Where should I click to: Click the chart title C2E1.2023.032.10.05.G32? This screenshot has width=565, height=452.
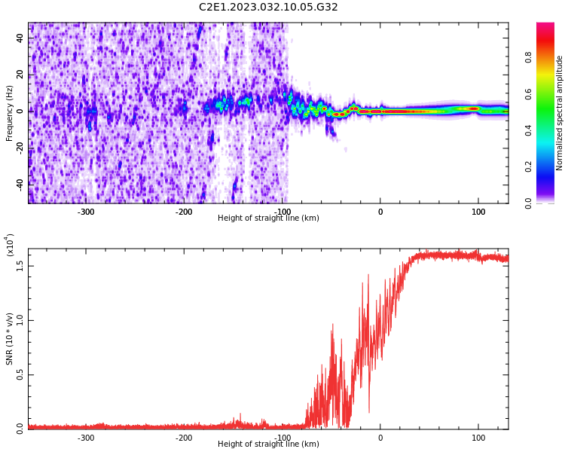pyautogui.click(x=268, y=8)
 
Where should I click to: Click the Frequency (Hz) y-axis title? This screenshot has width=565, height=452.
pyautogui.click(x=9, y=113)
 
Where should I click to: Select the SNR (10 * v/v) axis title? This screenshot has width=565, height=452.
pyautogui.click(x=9, y=338)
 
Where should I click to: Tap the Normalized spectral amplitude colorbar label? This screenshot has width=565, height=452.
pyautogui.click(x=560, y=113)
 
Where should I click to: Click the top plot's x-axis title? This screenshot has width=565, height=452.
pyautogui.click(x=268, y=218)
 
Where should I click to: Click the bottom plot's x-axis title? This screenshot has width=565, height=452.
pyautogui.click(x=268, y=444)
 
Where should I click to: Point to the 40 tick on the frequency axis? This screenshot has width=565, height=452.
pyautogui.click(x=20, y=38)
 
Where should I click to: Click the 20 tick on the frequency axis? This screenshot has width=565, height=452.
pyautogui.click(x=20, y=75)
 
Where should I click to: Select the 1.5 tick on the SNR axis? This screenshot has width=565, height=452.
pyautogui.click(x=20, y=265)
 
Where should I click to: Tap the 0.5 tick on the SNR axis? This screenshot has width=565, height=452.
pyautogui.click(x=20, y=374)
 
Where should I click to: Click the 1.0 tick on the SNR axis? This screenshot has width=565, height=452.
pyautogui.click(x=20, y=320)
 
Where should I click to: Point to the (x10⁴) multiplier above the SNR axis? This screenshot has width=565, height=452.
pyautogui.click(x=9, y=245)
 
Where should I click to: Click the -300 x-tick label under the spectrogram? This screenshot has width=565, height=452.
pyautogui.click(x=86, y=212)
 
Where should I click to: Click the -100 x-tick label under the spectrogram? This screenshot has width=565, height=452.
pyautogui.click(x=282, y=212)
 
